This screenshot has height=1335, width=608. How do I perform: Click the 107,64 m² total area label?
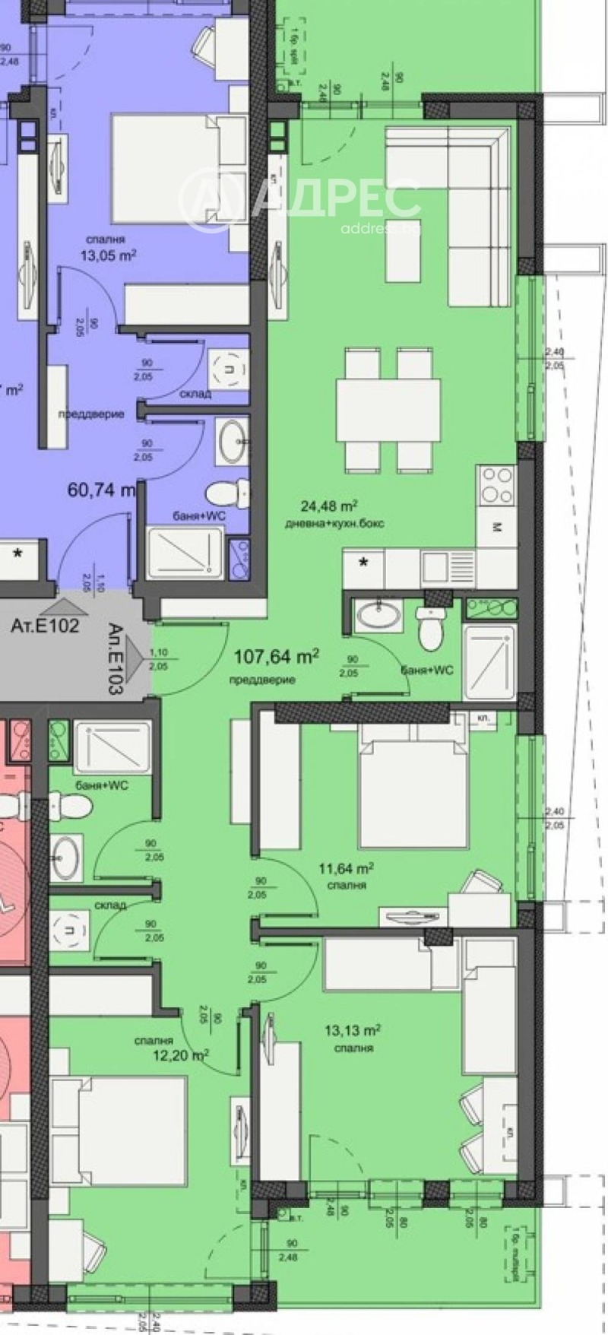click(275, 656)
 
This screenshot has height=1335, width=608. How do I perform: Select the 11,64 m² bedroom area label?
click(349, 868)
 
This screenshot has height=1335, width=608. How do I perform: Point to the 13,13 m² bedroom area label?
click(352, 1032)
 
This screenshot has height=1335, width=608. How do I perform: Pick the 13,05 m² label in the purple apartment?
click(108, 255)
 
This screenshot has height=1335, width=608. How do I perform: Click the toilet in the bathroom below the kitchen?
click(430, 630)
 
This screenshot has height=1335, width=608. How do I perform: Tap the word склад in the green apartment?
click(110, 905)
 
